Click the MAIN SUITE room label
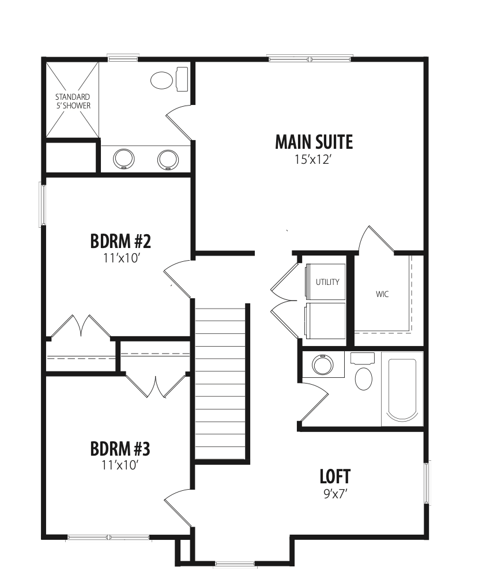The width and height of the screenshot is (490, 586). [314, 142]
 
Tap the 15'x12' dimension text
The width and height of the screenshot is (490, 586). [314, 160]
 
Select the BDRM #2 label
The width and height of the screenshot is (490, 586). [120, 242]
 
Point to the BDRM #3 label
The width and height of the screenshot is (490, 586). [120, 449]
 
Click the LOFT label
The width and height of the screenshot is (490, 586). [335, 476]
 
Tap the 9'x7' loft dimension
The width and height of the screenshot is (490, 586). [336, 494]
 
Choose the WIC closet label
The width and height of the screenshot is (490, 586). [382, 294]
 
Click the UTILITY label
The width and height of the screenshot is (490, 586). [327, 282]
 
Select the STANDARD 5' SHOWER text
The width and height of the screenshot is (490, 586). [73, 102]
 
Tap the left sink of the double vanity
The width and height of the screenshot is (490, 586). [123, 159]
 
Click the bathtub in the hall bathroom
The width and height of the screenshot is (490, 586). [402, 389]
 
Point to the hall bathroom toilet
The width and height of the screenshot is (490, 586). [362, 372]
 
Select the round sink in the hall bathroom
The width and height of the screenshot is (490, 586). [323, 365]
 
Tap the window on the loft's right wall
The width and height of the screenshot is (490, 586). [427, 483]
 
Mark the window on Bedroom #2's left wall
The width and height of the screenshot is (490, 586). [42, 204]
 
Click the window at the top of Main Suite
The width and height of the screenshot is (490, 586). [310, 58]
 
